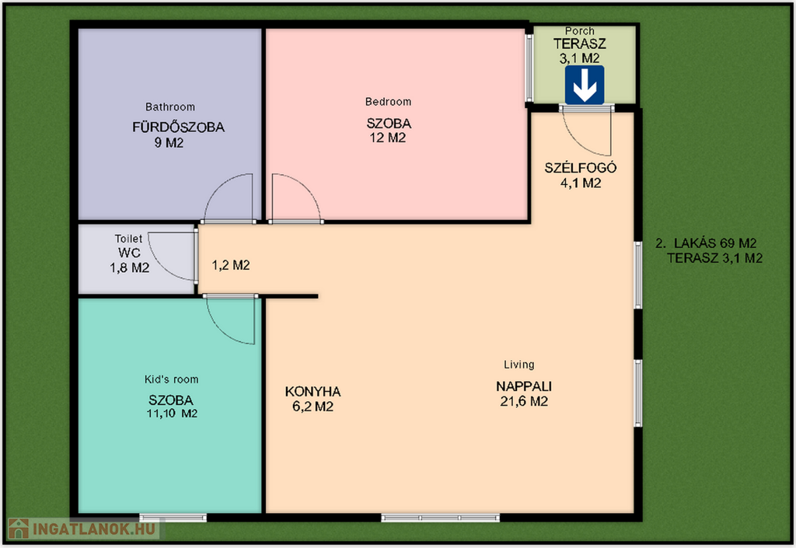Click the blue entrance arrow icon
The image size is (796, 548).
click(585, 85)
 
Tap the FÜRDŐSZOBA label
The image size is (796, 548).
click(178, 127)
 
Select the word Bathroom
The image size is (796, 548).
click(170, 106)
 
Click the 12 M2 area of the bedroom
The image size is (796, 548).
click(388, 138)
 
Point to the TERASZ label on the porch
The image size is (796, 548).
click(579, 44)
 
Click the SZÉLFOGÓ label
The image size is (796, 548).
click(580, 167)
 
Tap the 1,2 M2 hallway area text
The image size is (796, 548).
click(230, 265)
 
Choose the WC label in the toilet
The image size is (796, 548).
click(129, 253)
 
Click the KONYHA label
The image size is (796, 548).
click(312, 392)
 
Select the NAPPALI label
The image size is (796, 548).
click(524, 386)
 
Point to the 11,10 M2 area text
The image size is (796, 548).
click(172, 414)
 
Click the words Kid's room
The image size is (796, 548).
click(172, 379)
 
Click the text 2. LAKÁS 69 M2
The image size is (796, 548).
click(706, 243)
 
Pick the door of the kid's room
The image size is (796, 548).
click(230, 320)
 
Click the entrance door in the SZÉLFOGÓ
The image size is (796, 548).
click(586, 131)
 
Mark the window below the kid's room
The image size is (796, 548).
click(173, 518)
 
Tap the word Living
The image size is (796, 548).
click(518, 365)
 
